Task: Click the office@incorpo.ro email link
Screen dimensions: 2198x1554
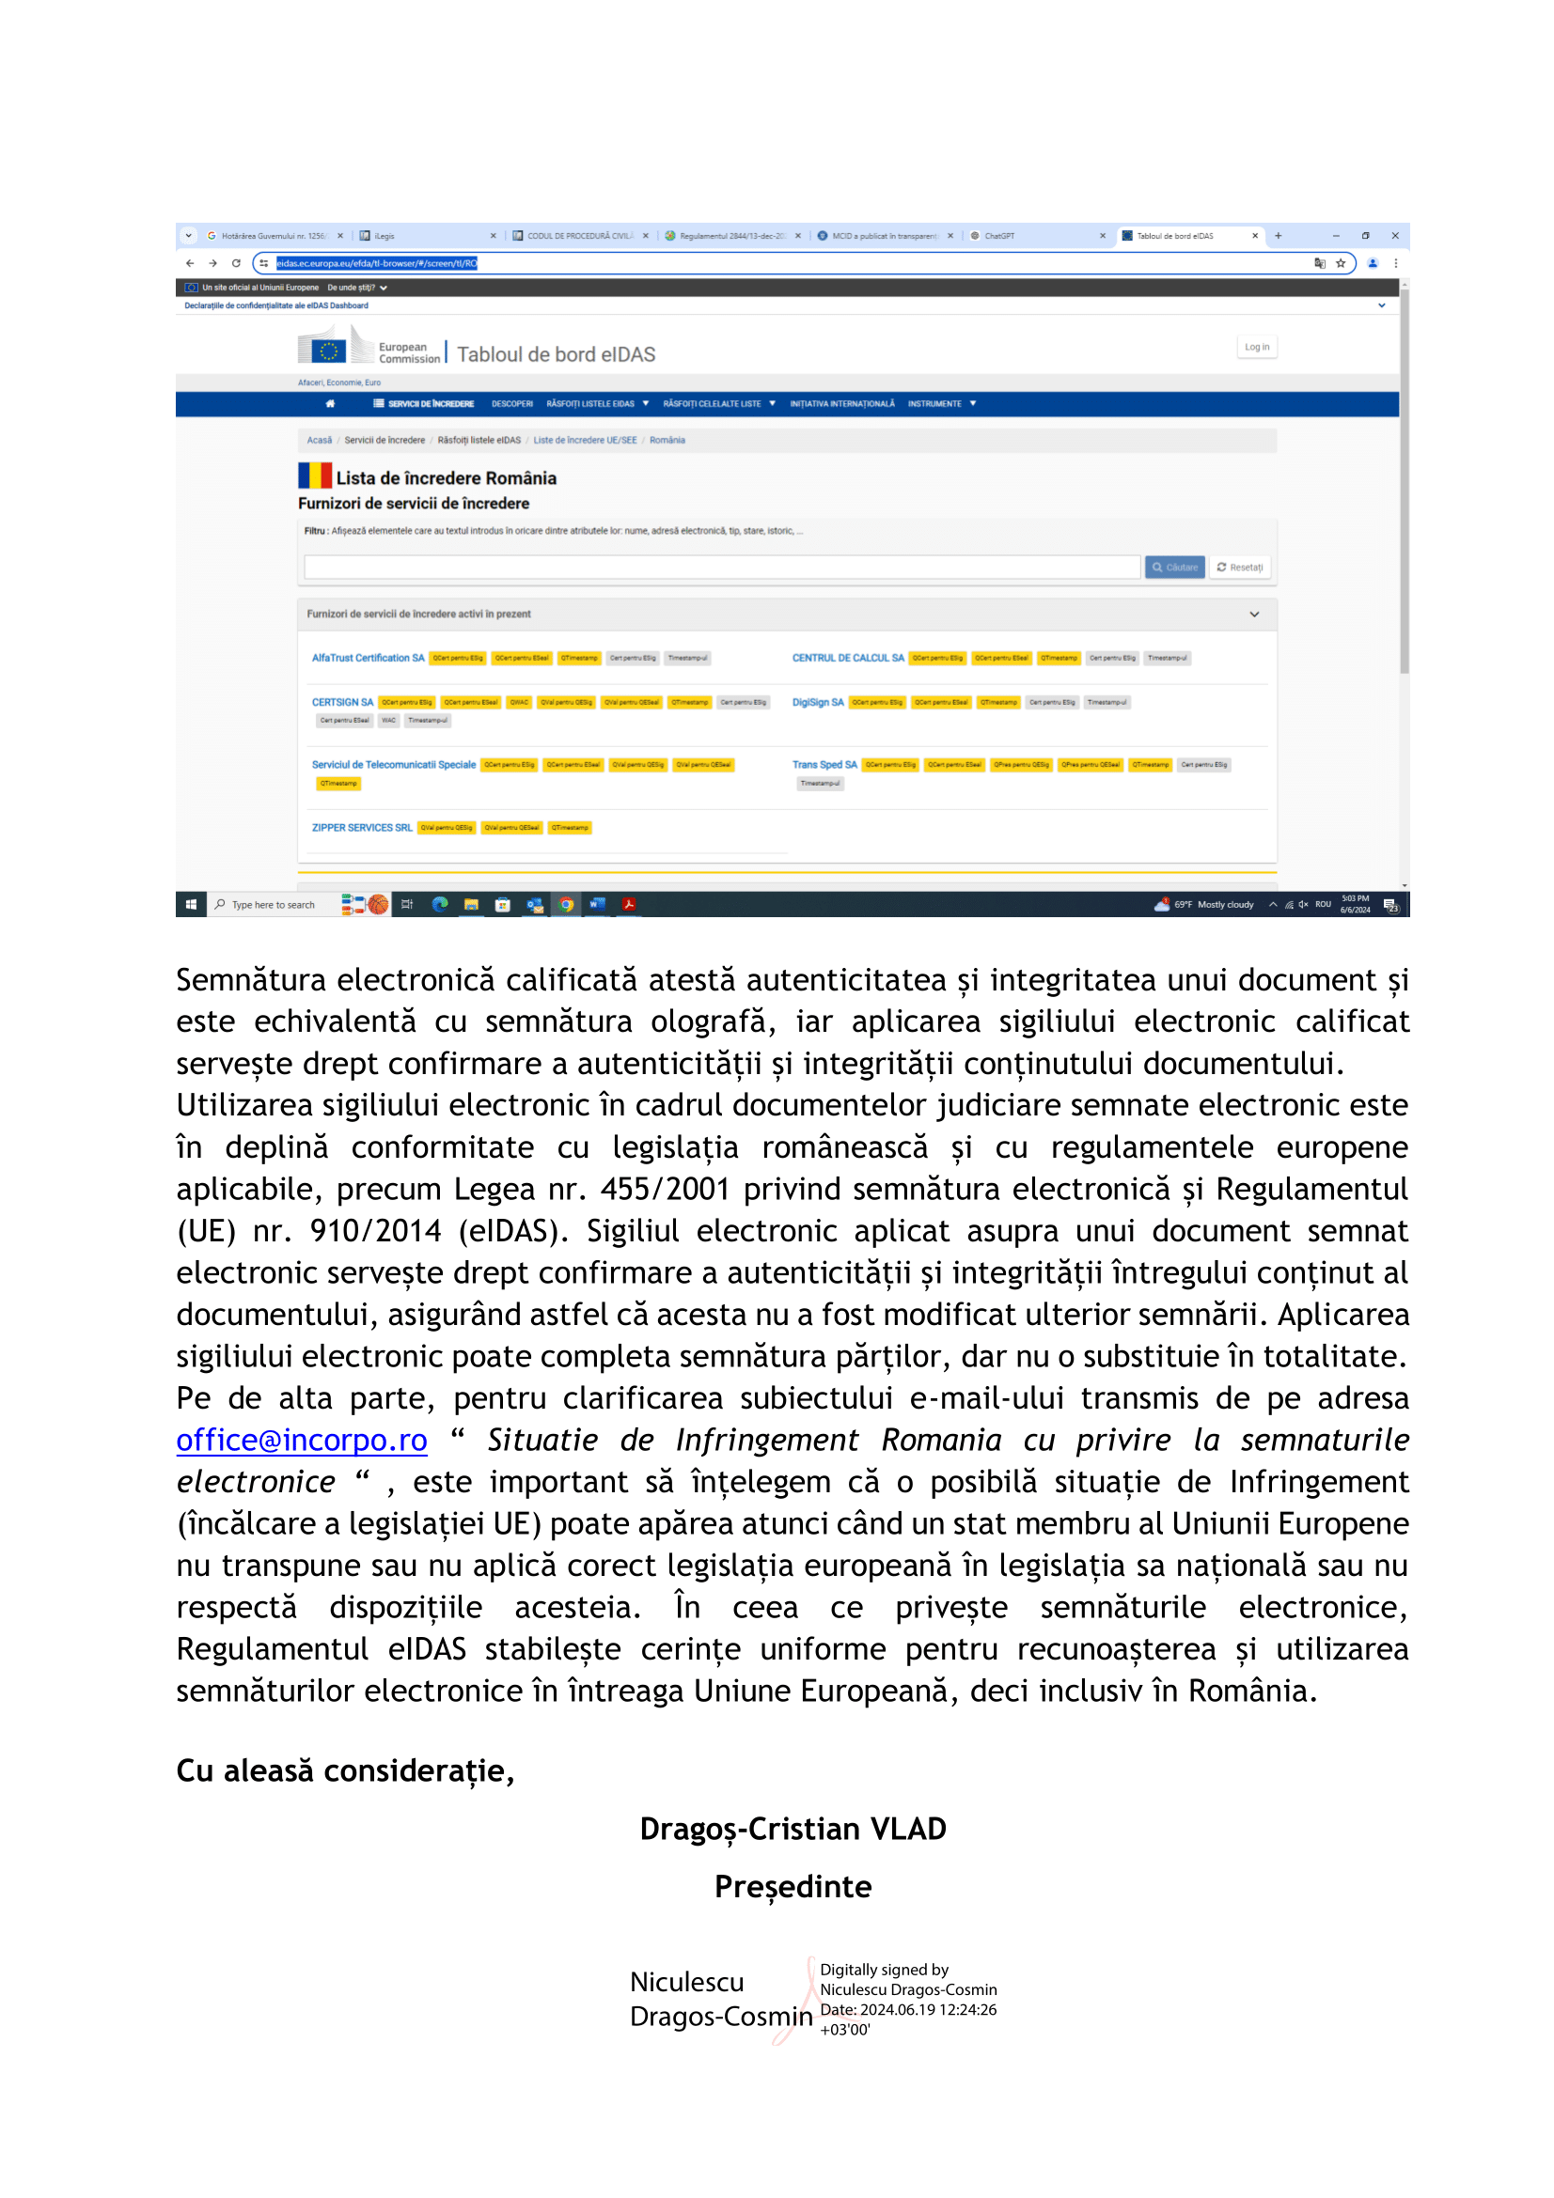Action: (302, 1440)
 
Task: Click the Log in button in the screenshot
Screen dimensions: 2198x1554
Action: (1256, 348)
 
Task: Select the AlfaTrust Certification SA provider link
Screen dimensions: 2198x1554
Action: (368, 658)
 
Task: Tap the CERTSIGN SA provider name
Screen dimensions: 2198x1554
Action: (342, 702)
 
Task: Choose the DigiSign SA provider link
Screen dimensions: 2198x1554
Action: (818, 702)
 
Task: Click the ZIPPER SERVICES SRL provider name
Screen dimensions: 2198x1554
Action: (362, 827)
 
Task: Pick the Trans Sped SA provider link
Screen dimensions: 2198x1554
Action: (824, 764)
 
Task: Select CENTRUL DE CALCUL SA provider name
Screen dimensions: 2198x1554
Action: (847, 658)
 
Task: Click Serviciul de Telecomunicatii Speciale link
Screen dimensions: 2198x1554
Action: (394, 764)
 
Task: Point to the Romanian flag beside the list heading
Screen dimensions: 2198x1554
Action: (314, 475)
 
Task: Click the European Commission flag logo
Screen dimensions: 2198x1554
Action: (327, 351)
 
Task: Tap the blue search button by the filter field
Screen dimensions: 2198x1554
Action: (1174, 567)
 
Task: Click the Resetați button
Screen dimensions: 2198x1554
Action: (1240, 567)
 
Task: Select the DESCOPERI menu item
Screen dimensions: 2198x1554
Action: (512, 404)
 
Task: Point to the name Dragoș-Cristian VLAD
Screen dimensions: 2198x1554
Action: (793, 1829)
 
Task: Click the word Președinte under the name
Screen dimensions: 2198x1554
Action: (793, 1886)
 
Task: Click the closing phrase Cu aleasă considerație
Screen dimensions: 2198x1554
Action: (345, 1771)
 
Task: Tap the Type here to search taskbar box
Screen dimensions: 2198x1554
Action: (273, 905)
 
